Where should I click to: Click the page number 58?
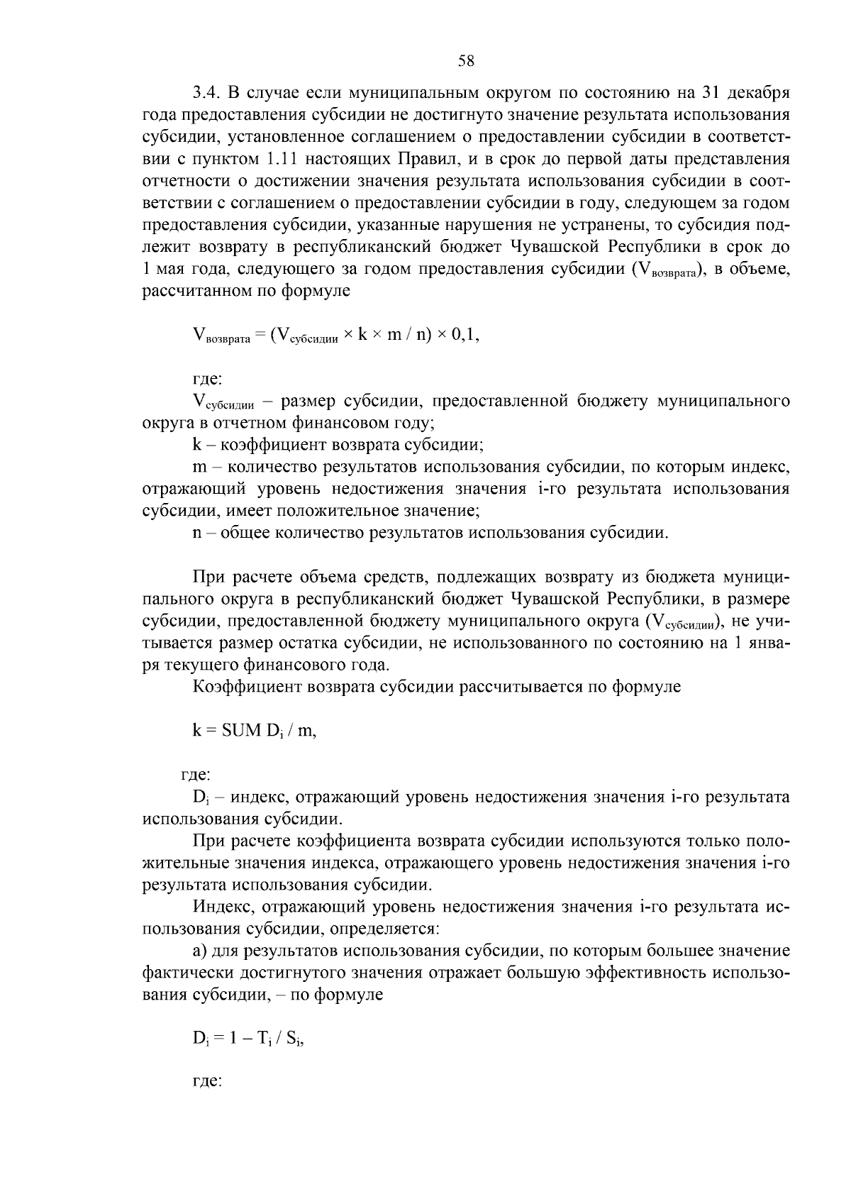pos(466,61)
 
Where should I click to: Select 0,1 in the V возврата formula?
pos(467,336)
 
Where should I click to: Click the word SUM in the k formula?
pos(242,731)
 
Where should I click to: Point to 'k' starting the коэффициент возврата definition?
pos(196,446)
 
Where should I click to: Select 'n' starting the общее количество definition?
pos(196,533)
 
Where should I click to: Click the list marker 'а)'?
pos(200,951)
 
